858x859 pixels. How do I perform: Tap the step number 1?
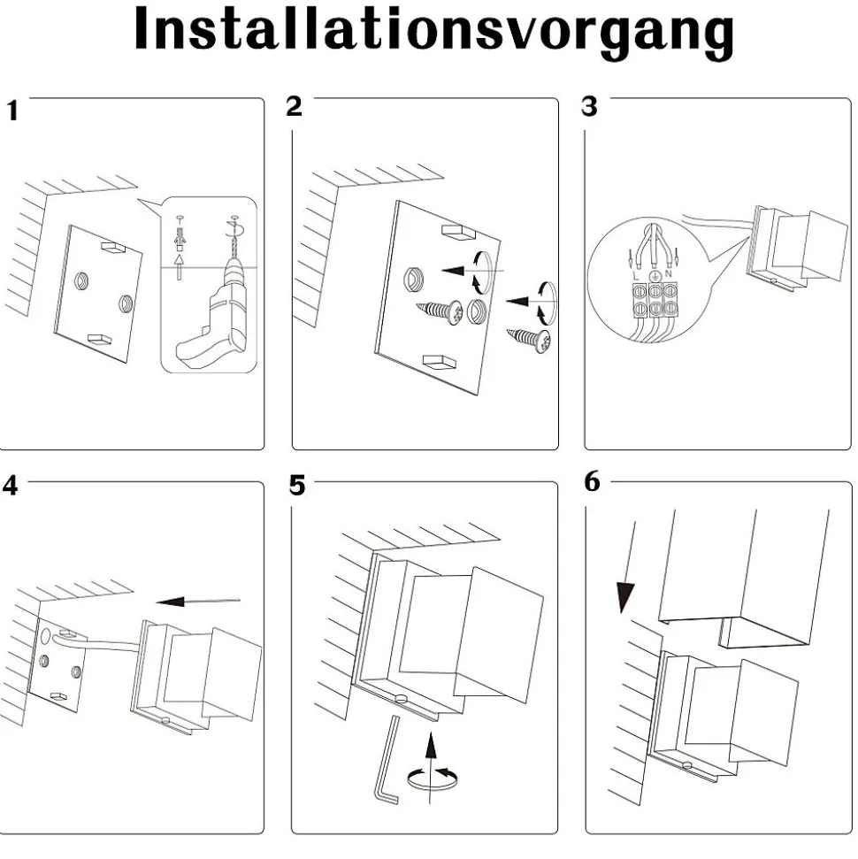point(12,111)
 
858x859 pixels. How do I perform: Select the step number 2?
point(295,106)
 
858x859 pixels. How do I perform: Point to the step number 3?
point(589,106)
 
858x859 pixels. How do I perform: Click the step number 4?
point(10,487)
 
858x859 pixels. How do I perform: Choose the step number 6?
point(593,482)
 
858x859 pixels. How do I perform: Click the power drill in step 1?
point(212,318)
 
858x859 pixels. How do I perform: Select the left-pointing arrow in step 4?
point(200,602)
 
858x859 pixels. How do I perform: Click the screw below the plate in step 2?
point(528,338)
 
